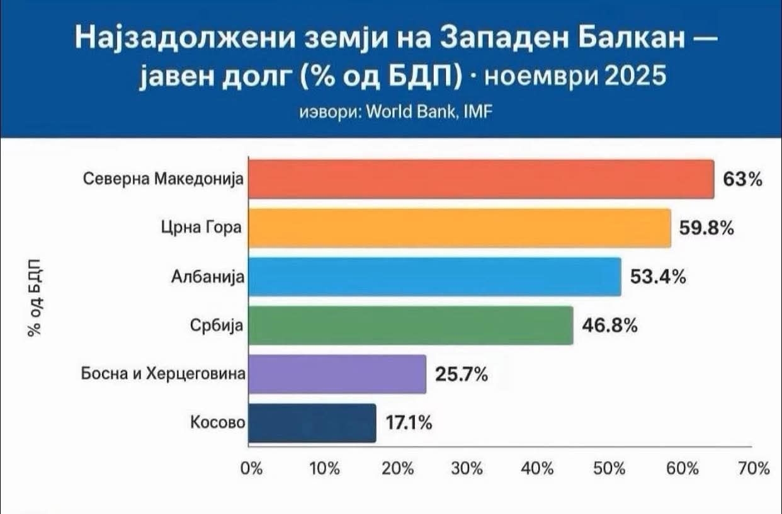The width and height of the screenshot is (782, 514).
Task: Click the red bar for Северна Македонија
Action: (481, 180)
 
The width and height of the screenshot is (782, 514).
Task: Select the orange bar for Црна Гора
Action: (459, 228)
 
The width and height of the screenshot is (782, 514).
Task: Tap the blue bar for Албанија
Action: (434, 277)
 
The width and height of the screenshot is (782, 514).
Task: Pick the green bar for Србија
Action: (411, 326)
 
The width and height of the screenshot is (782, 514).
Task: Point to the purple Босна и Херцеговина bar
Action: (337, 374)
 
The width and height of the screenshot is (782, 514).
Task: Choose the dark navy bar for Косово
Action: (312, 423)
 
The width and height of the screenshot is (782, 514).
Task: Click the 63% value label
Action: (743, 180)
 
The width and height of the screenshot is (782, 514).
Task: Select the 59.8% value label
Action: (706, 229)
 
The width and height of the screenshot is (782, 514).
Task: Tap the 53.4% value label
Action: (658, 277)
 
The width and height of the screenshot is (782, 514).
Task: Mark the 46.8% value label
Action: (610, 326)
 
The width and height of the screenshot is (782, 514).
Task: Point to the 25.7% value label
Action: (462, 375)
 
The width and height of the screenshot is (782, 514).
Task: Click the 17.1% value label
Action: (409, 423)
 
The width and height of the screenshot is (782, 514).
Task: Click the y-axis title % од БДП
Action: (35, 296)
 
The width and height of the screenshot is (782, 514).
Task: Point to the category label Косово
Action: (217, 423)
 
